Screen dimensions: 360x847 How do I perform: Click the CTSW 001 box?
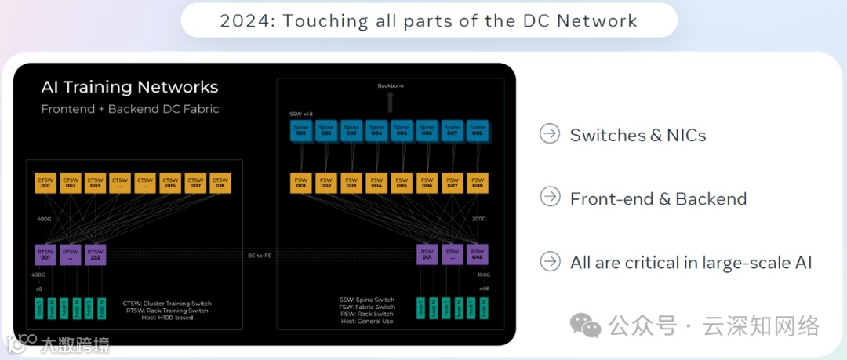point(45,183)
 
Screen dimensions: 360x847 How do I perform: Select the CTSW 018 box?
point(220,183)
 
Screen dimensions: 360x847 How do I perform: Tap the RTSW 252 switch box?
point(95,254)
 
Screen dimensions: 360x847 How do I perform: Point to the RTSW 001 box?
point(45,254)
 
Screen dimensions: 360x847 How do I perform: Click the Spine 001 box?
point(301,130)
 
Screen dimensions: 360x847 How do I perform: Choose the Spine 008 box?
point(477,130)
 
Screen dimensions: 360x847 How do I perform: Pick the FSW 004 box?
point(376,183)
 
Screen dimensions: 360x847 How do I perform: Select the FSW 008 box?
point(477,183)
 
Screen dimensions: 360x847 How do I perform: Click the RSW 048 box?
point(477,254)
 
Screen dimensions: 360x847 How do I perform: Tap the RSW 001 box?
point(427,254)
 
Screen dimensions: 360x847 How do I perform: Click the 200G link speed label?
point(478,219)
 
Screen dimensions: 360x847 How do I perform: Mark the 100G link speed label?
point(483,275)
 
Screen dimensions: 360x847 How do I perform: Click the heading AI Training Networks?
point(129,87)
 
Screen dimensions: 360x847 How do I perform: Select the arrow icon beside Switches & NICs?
point(550,134)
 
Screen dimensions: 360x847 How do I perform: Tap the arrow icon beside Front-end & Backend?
point(550,198)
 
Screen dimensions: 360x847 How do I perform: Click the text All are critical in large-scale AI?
point(691,262)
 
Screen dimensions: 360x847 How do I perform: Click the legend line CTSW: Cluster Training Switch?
point(167,304)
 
